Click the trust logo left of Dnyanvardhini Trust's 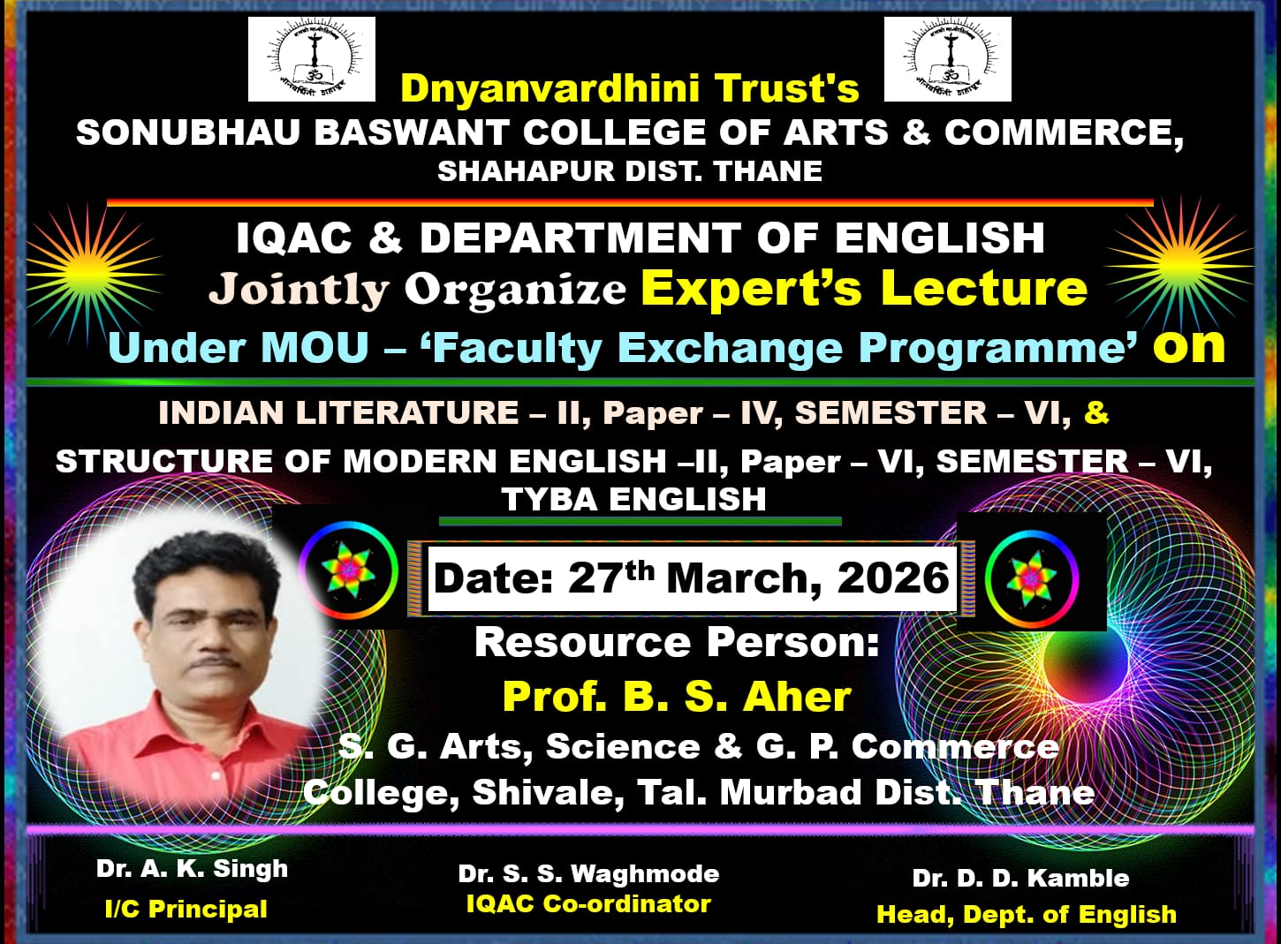[312, 59]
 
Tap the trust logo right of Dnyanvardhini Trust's [948, 59]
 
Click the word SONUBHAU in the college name [188, 132]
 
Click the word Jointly [299, 290]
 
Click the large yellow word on [1189, 346]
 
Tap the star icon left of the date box [348, 570]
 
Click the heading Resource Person [677, 642]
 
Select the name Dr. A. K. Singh [193, 869]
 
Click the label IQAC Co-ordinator [589, 903]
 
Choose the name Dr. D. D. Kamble [1020, 879]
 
